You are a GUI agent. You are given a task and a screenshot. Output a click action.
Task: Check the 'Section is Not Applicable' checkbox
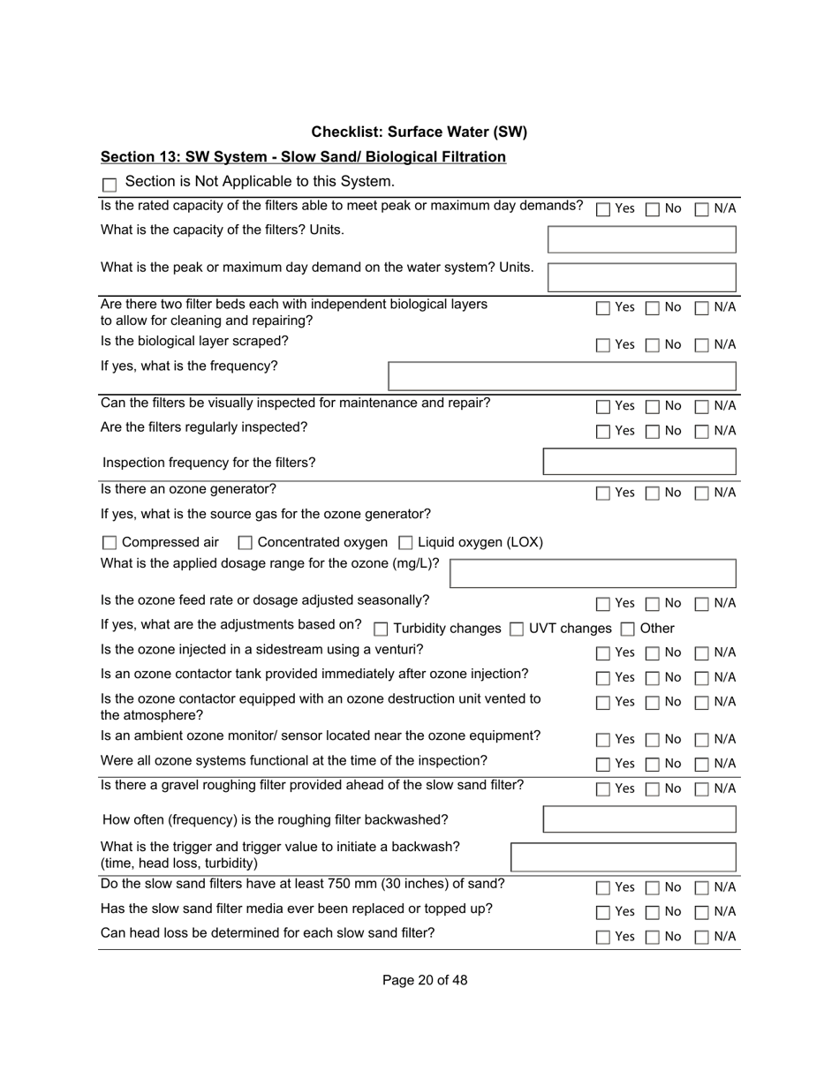110,185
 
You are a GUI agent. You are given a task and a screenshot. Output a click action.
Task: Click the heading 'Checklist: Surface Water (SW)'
419,132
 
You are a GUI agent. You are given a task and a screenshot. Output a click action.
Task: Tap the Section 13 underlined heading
303,157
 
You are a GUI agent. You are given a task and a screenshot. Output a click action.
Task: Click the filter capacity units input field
641,239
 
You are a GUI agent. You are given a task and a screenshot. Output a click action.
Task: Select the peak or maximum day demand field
641,277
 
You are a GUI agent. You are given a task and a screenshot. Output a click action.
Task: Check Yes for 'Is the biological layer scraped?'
603,345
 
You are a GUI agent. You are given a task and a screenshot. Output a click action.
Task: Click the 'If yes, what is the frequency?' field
562,376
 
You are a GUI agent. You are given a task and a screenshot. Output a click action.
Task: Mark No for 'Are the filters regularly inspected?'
652,432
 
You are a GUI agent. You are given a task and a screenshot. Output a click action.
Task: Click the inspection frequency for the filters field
639,463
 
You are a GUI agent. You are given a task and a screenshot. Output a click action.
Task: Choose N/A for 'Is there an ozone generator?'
702,494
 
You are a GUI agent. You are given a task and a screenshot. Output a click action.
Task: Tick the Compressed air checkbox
110,543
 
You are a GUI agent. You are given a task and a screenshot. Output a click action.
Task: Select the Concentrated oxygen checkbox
246,543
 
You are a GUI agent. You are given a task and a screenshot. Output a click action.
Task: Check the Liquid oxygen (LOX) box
406,543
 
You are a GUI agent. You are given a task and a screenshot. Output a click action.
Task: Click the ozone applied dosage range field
593,574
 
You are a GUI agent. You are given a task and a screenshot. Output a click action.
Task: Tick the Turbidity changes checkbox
381,630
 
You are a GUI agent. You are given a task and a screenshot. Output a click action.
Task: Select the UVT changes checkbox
517,630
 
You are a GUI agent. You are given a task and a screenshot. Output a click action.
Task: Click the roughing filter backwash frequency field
639,819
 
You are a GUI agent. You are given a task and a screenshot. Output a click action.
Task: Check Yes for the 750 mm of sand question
603,888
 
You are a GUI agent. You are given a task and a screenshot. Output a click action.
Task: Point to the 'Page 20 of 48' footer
425,980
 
